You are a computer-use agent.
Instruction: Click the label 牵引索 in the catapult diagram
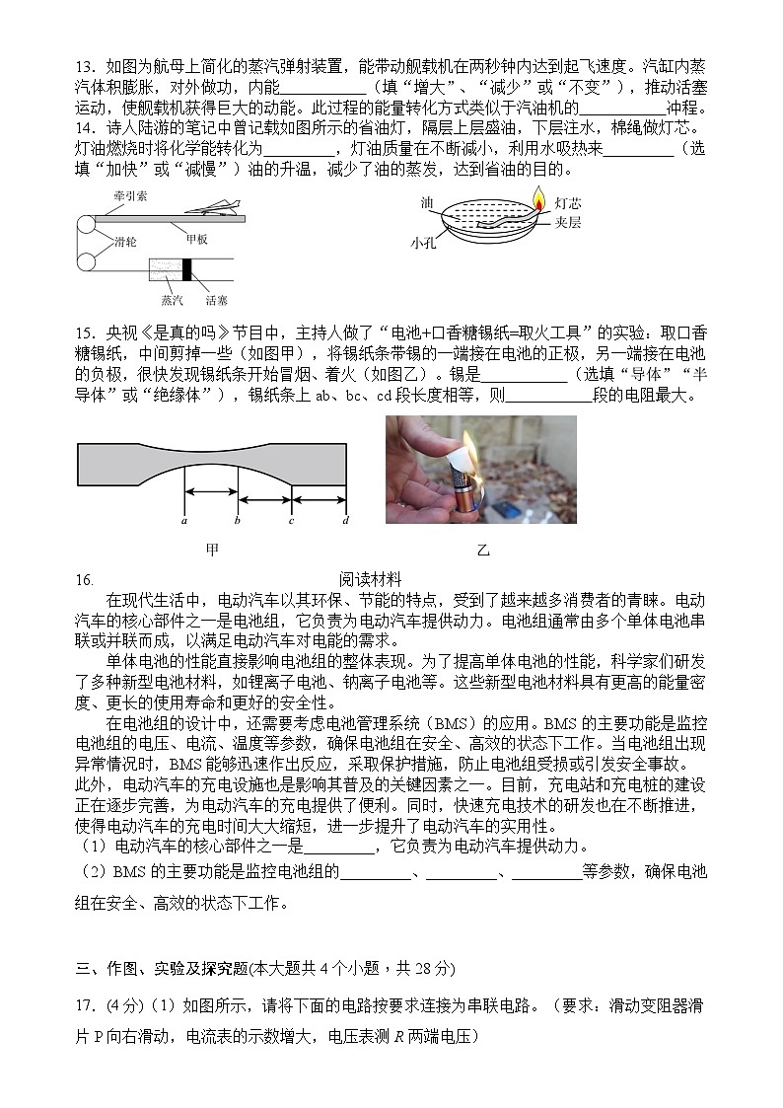[x=129, y=196]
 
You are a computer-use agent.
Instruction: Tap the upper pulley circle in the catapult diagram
[x=87, y=225]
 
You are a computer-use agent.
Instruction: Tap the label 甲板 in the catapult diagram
[x=196, y=238]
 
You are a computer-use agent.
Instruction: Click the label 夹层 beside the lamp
[x=568, y=223]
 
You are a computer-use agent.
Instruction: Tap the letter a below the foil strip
[x=184, y=520]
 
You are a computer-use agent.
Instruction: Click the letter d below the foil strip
[x=345, y=520]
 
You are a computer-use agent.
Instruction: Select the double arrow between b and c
[x=264, y=492]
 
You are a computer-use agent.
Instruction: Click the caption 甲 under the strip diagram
[x=212, y=550]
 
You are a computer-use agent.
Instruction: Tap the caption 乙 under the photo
[x=483, y=550]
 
